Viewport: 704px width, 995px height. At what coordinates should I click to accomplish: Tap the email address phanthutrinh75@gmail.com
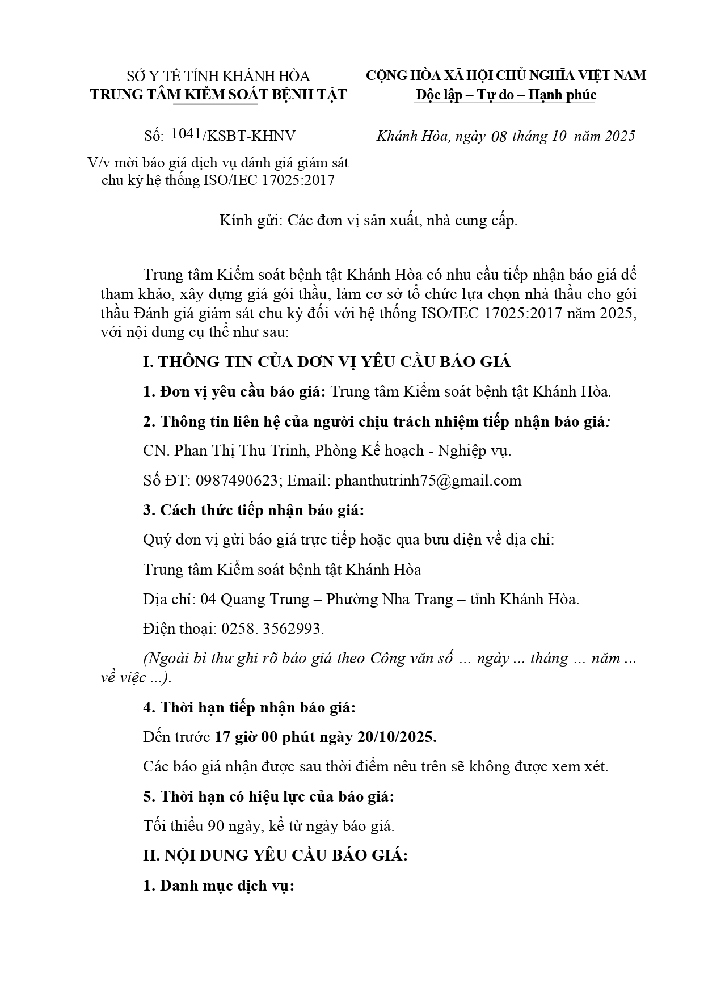pos(428,480)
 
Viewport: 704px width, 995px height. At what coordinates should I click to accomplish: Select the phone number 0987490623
pos(236,480)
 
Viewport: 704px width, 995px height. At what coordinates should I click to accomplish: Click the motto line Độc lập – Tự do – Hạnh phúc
pos(505,94)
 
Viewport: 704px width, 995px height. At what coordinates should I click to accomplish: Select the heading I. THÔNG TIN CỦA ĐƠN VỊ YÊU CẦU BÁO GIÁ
pos(327,362)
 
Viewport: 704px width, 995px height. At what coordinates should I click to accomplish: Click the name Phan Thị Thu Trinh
pos(241,450)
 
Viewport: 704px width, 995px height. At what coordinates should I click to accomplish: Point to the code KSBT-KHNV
pos(251,136)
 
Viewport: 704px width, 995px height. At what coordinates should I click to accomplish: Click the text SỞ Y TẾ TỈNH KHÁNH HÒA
pos(218,76)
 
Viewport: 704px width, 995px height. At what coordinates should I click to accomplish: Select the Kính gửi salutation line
pos(369,220)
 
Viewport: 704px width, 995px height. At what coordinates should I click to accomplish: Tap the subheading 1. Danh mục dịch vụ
pos(218,886)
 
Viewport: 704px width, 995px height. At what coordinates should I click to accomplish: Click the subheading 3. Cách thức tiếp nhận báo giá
pos(253,510)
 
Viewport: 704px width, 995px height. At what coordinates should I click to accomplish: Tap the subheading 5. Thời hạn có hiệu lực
pos(268,796)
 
